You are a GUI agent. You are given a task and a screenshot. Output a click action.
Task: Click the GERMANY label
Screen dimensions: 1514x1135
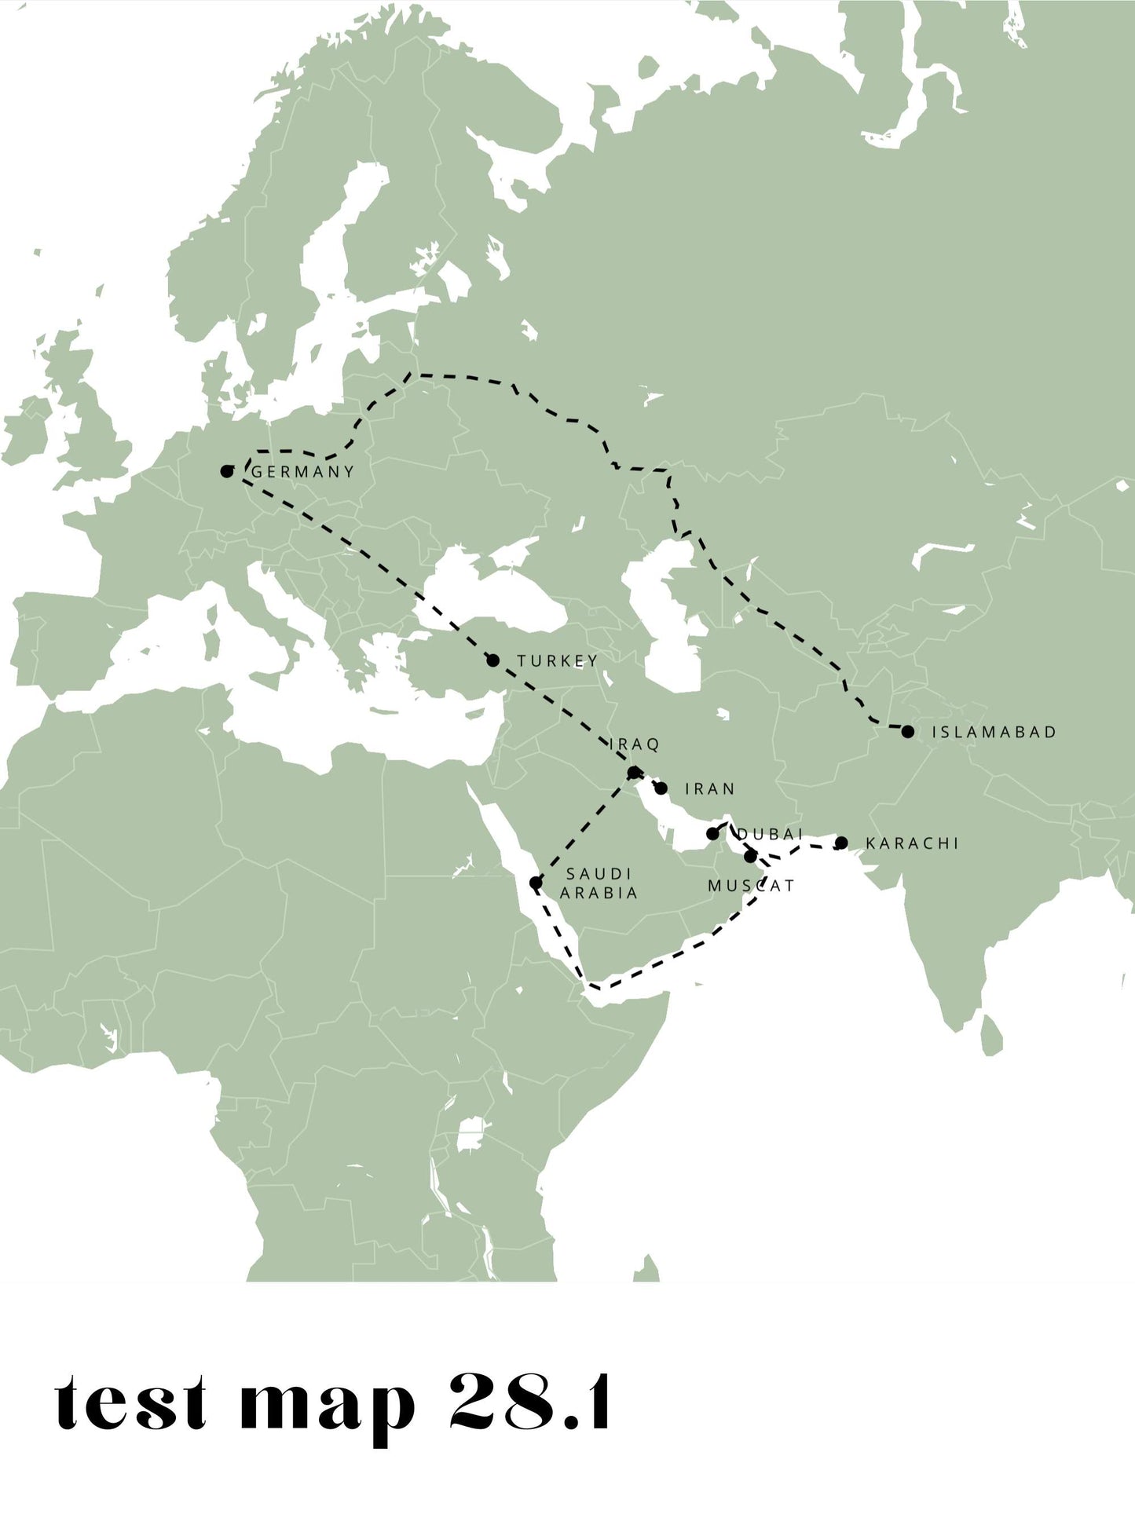click(303, 472)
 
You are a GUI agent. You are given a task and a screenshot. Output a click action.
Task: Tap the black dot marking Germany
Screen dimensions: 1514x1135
click(227, 471)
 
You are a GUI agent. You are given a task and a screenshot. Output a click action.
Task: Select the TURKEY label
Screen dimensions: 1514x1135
click(557, 661)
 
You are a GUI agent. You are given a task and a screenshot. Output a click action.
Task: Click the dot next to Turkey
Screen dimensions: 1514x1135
click(492, 660)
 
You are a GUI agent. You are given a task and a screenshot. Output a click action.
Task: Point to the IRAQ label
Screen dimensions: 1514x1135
click(635, 744)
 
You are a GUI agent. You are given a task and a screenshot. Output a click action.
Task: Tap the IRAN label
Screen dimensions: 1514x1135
click(710, 788)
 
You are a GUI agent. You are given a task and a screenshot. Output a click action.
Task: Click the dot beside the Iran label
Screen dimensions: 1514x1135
click(661, 788)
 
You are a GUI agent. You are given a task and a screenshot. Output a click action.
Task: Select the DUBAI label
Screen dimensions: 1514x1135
click(771, 834)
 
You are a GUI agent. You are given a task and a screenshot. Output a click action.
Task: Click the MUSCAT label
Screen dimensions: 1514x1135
click(751, 886)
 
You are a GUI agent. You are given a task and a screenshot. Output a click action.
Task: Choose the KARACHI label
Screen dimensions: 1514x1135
click(912, 843)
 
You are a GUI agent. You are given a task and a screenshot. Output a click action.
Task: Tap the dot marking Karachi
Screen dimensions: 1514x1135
click(841, 843)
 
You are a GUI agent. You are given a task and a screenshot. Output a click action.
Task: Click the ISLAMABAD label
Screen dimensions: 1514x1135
click(994, 732)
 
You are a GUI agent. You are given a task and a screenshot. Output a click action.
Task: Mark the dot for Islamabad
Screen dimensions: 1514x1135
click(908, 731)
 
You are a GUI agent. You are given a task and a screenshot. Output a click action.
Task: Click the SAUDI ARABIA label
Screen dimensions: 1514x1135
click(599, 883)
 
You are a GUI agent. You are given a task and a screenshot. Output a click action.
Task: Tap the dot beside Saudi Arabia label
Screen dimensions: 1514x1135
click(536, 883)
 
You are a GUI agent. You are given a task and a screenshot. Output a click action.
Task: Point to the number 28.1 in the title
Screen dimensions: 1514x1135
click(530, 1402)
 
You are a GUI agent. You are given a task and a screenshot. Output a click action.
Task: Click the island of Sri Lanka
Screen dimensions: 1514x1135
click(992, 1034)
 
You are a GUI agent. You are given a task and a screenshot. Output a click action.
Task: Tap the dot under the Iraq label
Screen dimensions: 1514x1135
click(635, 773)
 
